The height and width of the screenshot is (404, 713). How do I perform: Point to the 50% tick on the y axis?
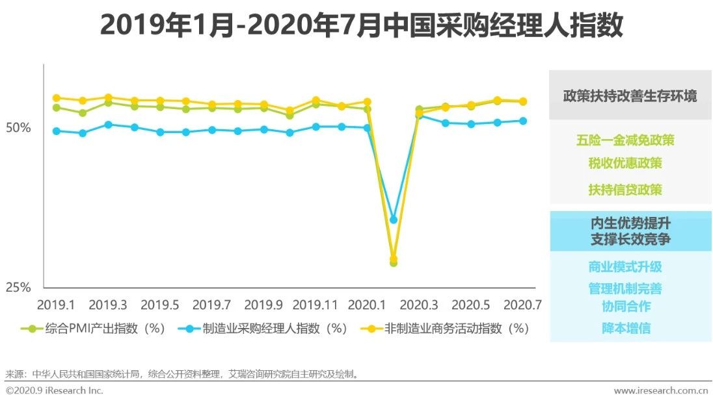18,128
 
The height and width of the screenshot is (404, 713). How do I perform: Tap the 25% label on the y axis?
18,287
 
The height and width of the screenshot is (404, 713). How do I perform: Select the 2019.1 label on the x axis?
56,305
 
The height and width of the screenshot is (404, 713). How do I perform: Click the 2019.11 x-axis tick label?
316,305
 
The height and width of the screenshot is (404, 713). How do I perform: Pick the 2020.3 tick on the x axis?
419,305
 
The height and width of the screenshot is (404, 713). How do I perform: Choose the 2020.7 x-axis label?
522,305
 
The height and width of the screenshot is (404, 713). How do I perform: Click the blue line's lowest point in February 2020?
393,220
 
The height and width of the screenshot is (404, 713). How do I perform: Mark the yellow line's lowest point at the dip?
393,259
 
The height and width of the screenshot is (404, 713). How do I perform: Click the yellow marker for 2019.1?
56,98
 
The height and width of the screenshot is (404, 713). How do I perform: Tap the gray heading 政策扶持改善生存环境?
629,96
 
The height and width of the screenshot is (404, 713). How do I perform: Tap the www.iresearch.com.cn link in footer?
660,390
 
